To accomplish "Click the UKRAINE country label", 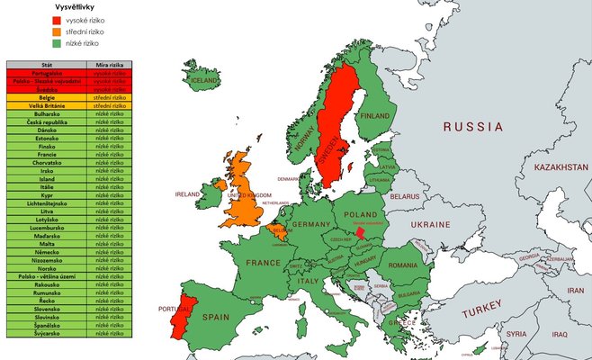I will (x=430, y=224).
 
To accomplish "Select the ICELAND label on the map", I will (x=204, y=80).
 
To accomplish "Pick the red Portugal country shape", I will (x=189, y=314).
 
